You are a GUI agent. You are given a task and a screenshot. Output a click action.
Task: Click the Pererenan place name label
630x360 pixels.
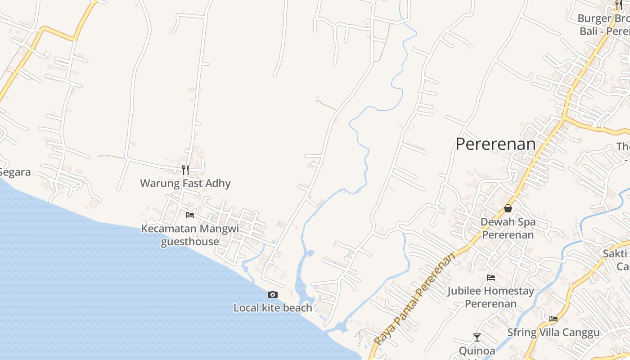point(495,144)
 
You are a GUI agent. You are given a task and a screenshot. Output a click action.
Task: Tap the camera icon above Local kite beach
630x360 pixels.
point(272,295)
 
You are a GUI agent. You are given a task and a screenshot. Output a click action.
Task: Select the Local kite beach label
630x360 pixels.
point(272,308)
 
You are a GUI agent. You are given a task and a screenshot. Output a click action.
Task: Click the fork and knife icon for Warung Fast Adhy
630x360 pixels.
point(185,170)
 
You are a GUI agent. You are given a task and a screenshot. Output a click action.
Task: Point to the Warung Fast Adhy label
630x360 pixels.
point(185,183)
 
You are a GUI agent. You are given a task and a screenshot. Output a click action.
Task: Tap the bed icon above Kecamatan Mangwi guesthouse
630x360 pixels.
point(190,215)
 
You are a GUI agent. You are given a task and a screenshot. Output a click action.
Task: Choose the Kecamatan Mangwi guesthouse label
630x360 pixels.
point(190,235)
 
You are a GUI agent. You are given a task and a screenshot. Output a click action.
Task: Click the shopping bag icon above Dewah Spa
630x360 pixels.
point(508,208)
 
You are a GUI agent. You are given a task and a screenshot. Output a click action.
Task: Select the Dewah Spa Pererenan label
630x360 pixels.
point(508,228)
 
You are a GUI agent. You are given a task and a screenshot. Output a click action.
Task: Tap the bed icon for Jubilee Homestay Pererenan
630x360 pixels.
point(491,278)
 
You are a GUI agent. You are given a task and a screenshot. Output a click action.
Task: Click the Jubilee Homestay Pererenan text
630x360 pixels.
point(490,297)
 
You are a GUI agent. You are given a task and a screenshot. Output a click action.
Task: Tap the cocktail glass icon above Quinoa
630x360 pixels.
point(477,337)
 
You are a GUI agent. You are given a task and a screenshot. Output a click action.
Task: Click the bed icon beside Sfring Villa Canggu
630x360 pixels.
point(553,319)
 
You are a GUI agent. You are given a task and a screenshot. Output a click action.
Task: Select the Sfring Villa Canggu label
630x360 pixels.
point(553,333)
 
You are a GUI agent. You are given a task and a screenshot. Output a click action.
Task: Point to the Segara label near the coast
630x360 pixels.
point(15,172)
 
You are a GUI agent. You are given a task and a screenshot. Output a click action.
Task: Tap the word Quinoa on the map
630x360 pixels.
point(477,351)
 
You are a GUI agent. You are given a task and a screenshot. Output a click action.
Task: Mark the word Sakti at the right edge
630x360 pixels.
point(615,253)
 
